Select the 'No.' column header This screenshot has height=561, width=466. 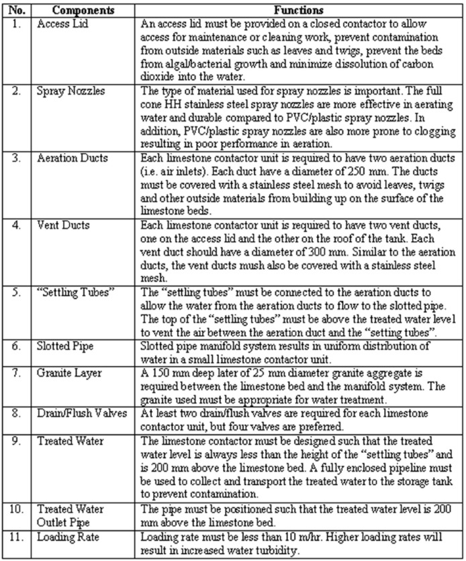[x=16, y=11]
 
